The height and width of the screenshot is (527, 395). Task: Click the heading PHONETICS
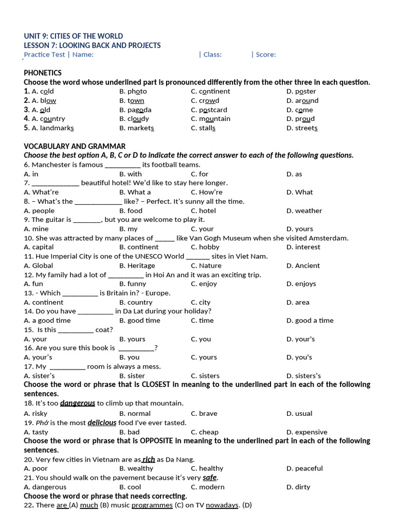pos(43,73)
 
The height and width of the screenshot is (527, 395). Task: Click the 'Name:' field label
pos(83,55)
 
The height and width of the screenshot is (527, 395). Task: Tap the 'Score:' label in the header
pos(265,55)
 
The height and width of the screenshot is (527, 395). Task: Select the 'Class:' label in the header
pos(212,55)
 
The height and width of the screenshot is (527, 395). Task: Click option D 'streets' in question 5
pos(302,128)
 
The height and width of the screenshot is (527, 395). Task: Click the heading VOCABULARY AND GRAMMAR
pos(75,147)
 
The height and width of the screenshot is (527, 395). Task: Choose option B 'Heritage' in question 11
pos(137,266)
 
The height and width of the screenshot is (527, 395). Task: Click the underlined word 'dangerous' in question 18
pos(78,403)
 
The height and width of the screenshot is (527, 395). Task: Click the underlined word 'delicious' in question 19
pos(102,423)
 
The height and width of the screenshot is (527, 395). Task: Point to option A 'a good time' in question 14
pos(47,320)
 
